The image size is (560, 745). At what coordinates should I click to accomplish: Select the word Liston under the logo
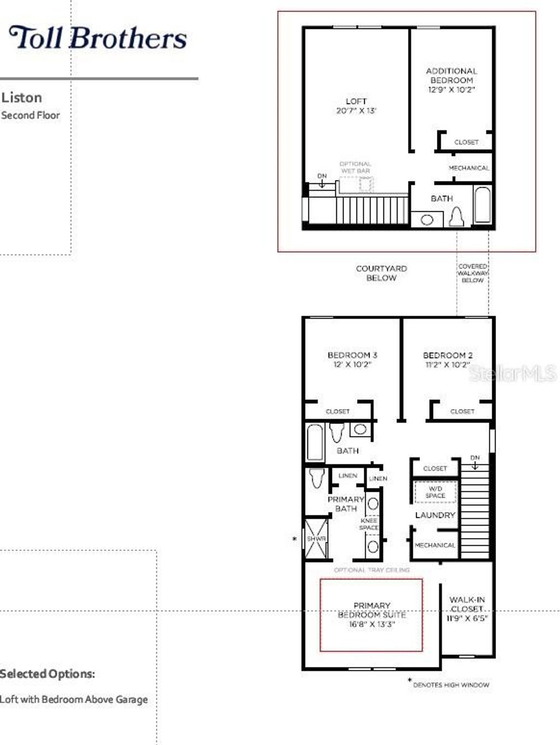22,98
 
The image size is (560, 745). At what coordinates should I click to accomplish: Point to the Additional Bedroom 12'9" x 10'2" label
451,80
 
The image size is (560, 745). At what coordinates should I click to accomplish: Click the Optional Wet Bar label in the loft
355,167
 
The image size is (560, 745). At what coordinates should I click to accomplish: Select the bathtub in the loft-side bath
482,205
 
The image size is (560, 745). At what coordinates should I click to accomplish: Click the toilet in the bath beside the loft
456,217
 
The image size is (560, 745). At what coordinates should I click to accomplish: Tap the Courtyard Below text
381,273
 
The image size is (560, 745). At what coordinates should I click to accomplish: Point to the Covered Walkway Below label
472,273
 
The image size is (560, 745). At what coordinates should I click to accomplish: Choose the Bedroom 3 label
352,355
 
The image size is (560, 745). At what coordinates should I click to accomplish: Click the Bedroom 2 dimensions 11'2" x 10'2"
448,365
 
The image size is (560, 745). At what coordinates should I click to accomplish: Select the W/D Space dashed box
435,492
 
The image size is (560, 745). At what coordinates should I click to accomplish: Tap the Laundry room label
435,515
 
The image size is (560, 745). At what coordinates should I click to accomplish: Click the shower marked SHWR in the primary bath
317,539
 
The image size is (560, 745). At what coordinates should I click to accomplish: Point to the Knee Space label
369,524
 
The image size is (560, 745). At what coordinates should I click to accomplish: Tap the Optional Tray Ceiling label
372,570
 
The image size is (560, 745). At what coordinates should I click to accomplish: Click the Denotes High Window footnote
451,684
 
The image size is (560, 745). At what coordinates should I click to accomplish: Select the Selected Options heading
48,674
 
